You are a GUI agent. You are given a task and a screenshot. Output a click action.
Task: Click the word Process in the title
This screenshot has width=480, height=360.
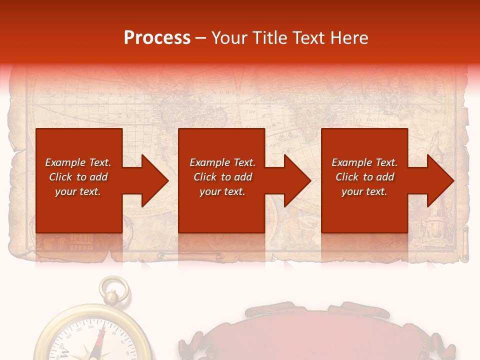point(157,38)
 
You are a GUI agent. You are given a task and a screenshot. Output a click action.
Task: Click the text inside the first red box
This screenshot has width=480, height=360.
point(78,177)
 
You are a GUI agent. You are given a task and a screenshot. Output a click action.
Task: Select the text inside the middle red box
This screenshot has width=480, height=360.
point(222,177)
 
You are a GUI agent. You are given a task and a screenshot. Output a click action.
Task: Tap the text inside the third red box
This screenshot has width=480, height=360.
point(364,177)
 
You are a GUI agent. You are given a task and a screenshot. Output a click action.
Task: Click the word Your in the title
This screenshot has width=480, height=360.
point(229,38)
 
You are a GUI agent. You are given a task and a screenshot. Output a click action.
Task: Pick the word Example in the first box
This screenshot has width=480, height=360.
point(65,162)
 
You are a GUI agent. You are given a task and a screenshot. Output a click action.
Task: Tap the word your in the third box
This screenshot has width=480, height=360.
point(352,191)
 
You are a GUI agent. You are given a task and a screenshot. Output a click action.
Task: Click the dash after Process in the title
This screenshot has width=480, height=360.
point(200,38)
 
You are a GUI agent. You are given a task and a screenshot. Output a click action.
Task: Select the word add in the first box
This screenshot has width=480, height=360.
point(98,177)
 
